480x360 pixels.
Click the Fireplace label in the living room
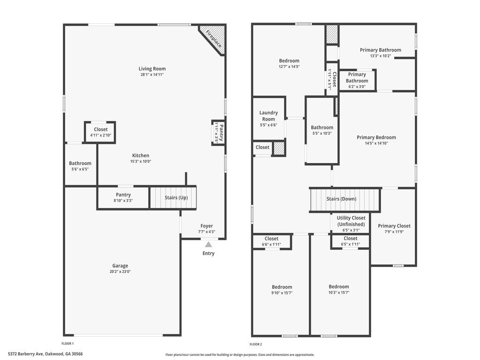213,39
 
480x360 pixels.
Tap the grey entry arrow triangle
209,244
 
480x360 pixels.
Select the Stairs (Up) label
176,198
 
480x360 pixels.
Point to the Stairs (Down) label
341,199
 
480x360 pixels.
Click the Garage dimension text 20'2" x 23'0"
120,271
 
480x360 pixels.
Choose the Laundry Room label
269,116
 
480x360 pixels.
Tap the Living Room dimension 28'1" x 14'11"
152,75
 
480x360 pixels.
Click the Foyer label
207,226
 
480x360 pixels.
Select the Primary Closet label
394,226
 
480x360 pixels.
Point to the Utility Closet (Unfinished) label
351,221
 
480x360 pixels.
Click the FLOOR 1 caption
67,344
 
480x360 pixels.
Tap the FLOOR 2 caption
255,345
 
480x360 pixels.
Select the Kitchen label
141,156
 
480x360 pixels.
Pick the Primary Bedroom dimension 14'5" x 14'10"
376,143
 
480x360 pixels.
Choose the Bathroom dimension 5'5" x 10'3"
322,134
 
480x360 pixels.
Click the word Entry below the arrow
209,254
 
